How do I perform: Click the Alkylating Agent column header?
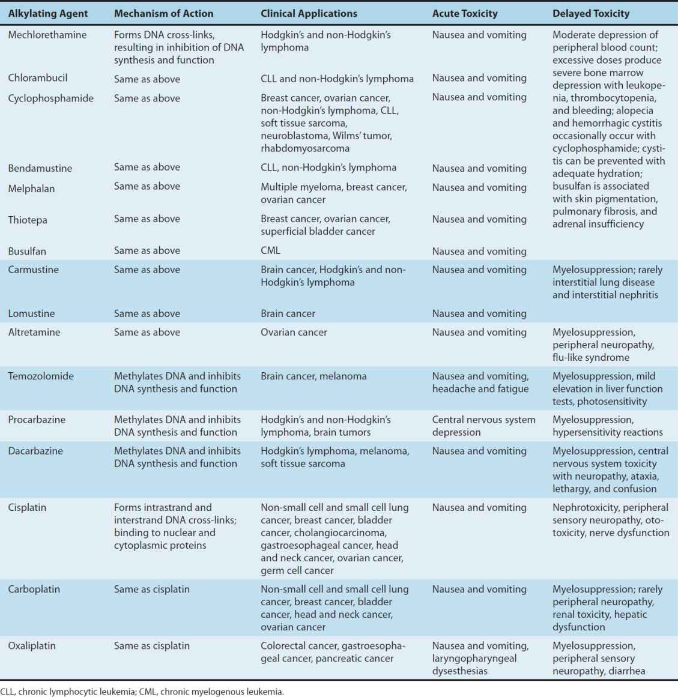48,13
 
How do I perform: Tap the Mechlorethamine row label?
47,35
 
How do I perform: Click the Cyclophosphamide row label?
51,98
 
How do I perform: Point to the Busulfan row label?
27,251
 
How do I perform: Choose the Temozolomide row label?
41,376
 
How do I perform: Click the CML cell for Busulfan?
270,250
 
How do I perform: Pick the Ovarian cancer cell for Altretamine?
294,332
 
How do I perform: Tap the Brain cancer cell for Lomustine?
288,313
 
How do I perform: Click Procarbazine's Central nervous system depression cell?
483,426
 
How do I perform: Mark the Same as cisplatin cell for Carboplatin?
152,590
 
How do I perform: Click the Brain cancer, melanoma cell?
313,376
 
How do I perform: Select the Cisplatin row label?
28,508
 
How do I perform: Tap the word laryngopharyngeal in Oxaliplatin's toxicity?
474,659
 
